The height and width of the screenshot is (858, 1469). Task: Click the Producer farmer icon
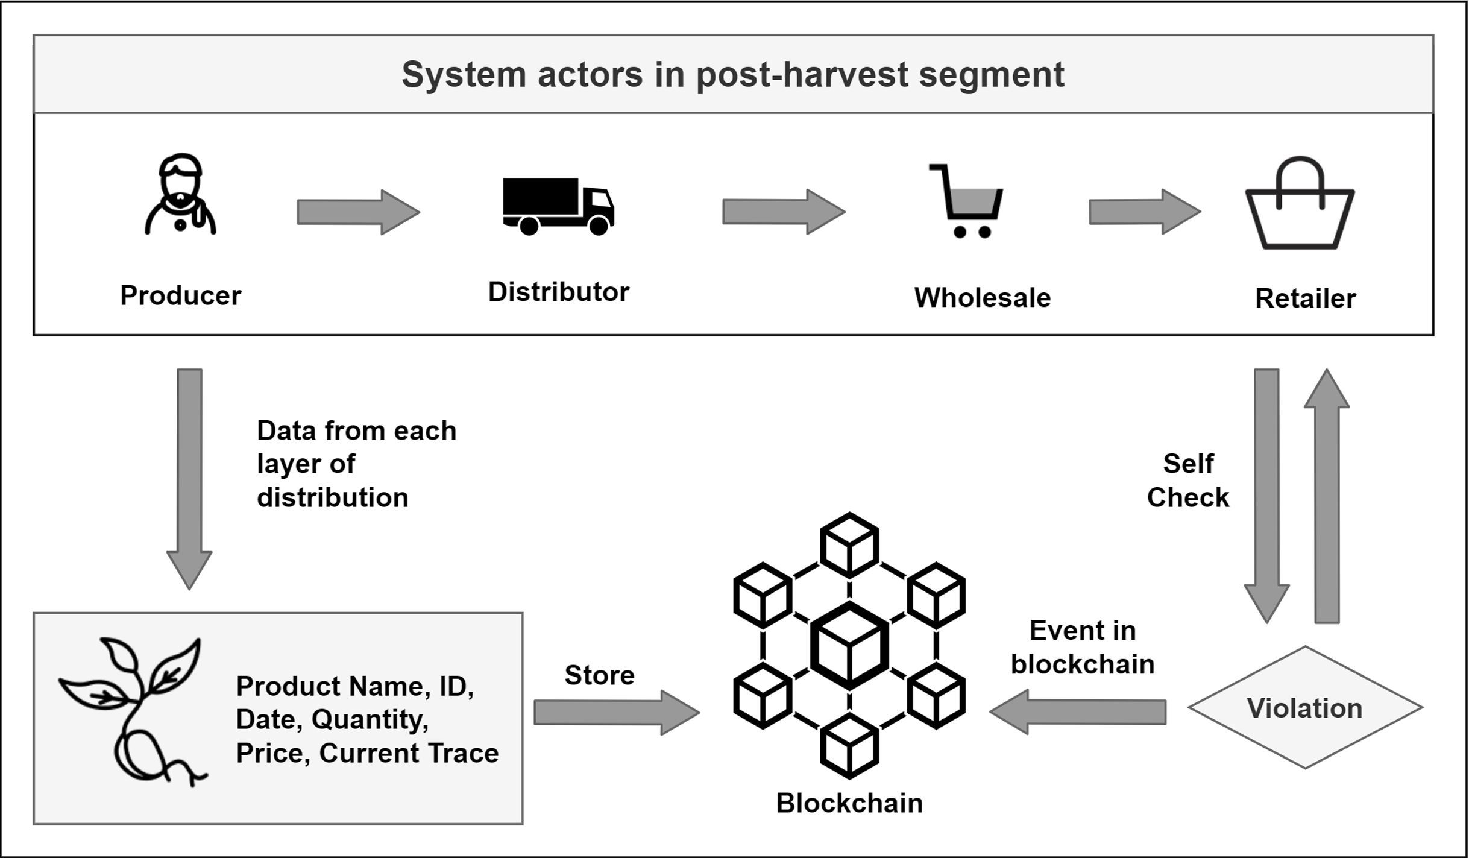pyautogui.click(x=180, y=195)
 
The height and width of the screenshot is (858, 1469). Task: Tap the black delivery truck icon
pyautogui.click(x=558, y=206)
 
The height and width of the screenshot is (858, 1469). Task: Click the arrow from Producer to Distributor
pyautogui.click(x=358, y=212)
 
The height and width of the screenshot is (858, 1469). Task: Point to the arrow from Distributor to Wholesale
pyautogui.click(x=784, y=212)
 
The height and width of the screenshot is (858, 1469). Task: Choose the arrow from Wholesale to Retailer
pyautogui.click(x=1144, y=212)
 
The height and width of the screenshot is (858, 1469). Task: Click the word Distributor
pyautogui.click(x=558, y=292)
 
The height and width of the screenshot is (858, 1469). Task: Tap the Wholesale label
pyautogui.click(x=982, y=298)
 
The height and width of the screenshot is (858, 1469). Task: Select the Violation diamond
pyautogui.click(x=1305, y=708)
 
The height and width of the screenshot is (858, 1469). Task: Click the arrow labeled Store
pyautogui.click(x=616, y=713)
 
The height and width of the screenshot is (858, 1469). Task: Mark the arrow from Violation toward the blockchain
pyautogui.click(x=1078, y=712)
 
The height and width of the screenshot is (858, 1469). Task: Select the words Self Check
pyautogui.click(x=1187, y=481)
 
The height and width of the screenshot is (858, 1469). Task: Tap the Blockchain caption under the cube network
pyautogui.click(x=849, y=803)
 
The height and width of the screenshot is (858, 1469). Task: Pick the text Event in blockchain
pyautogui.click(x=1083, y=648)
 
